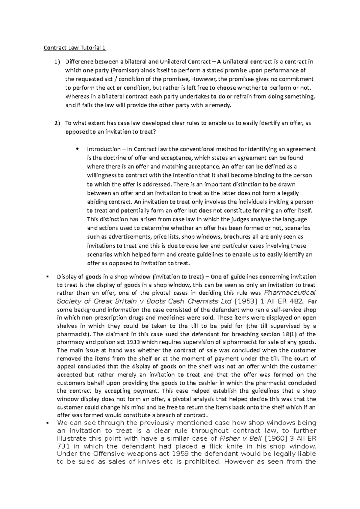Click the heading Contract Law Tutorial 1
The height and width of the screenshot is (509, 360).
click(x=75, y=48)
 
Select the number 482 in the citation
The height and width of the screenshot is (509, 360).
click(x=300, y=301)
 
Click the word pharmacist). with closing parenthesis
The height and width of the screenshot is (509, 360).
click(x=73, y=334)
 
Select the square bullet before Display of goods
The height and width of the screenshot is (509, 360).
click(x=48, y=276)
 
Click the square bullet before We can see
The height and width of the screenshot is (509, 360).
click(x=48, y=423)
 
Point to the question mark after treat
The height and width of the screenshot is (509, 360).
click(x=154, y=132)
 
